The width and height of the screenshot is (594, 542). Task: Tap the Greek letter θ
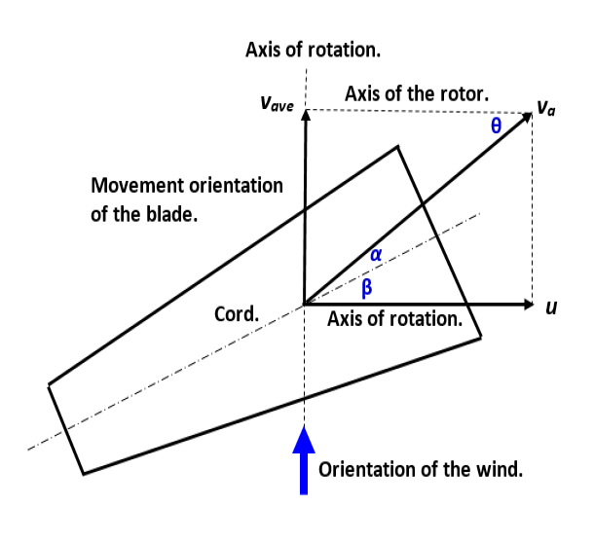(496, 126)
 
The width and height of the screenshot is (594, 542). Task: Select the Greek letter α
(376, 254)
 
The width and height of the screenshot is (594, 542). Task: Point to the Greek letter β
(367, 287)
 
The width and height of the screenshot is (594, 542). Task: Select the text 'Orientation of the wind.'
(421, 469)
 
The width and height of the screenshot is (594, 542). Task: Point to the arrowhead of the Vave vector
(305, 114)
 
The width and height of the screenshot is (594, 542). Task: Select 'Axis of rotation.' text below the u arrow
(394, 319)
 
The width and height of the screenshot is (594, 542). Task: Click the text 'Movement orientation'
(186, 185)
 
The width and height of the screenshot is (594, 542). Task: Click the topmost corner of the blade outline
(398, 146)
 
